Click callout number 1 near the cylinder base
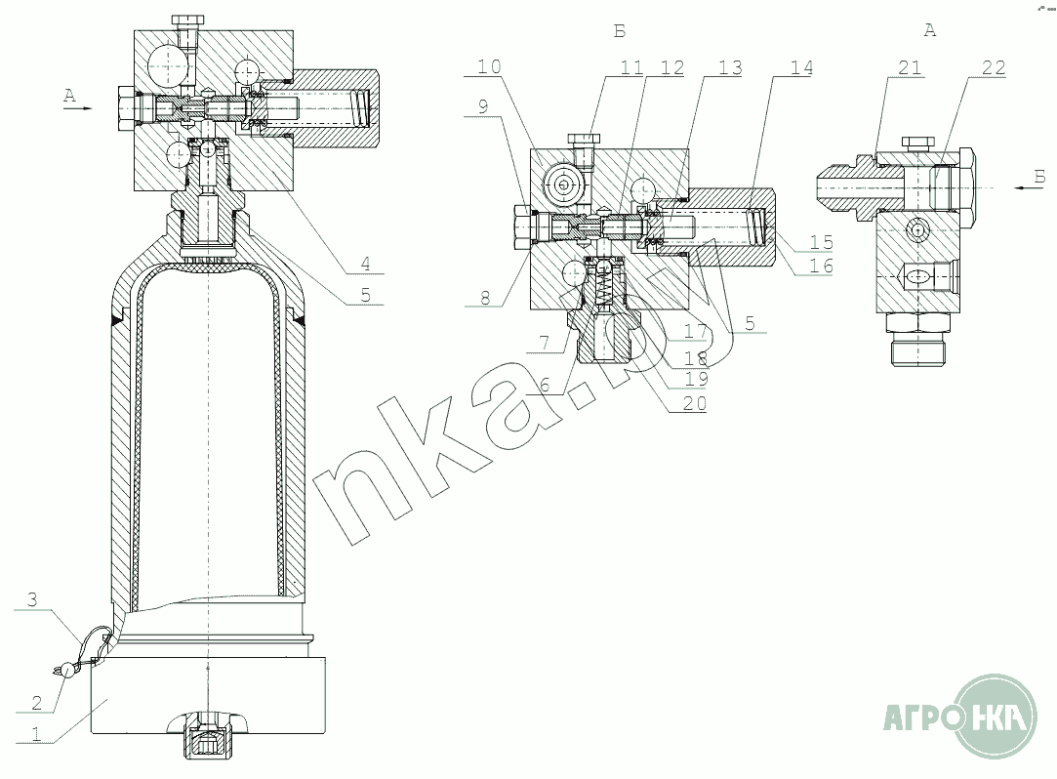(36, 734)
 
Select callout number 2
(36, 703)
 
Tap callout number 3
(32, 599)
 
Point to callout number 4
(365, 263)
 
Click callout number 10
(490, 66)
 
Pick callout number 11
(631, 67)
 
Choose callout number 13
(730, 67)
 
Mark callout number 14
(801, 67)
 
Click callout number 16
(821, 266)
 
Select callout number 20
(694, 402)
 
